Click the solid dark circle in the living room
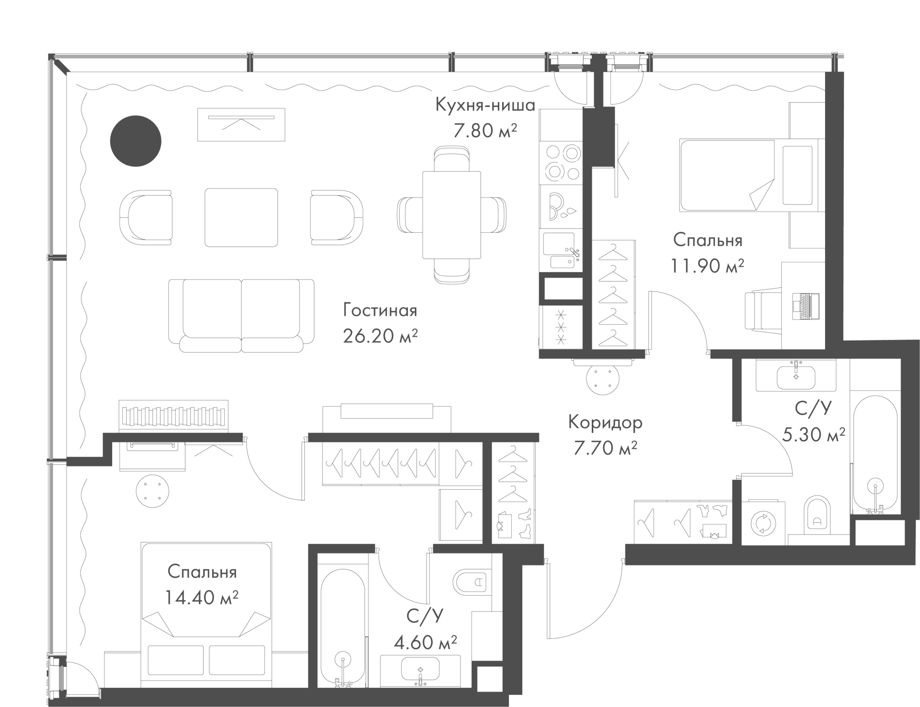tap(136, 141)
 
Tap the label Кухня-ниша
tap(485, 105)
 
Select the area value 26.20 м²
tap(380, 336)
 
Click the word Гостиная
tap(380, 310)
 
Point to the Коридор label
tap(605, 423)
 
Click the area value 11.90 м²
tap(707, 266)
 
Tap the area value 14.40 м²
tap(202, 598)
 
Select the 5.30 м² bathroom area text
tap(814, 435)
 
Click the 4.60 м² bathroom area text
tap(425, 642)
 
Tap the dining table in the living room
tap(451, 214)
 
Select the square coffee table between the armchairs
tap(241, 217)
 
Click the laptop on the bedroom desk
tap(806, 306)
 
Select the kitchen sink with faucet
tap(561, 250)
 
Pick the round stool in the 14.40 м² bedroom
tap(152, 491)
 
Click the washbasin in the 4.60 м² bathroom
tap(420, 670)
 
